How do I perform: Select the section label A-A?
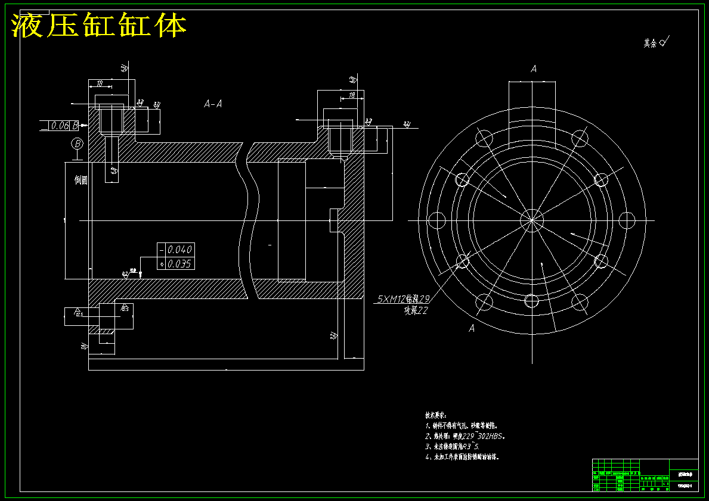pyautogui.click(x=213, y=104)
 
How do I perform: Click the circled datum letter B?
pyautogui.click(x=77, y=144)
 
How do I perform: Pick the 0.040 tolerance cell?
pyautogui.click(x=179, y=250)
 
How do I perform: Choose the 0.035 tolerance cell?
pyautogui.click(x=179, y=264)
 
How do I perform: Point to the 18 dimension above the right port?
pyautogui.click(x=352, y=95)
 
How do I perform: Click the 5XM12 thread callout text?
pyautogui.click(x=403, y=300)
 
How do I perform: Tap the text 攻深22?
pyautogui.click(x=416, y=310)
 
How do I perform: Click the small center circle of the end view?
pyautogui.click(x=531, y=220)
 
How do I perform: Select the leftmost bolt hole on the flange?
pyautogui.click(x=438, y=220)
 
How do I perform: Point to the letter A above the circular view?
pyautogui.click(x=534, y=69)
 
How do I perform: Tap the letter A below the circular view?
pyautogui.click(x=472, y=328)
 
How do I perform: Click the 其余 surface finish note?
pyautogui.click(x=655, y=43)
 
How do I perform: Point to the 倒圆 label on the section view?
pyautogui.click(x=81, y=181)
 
